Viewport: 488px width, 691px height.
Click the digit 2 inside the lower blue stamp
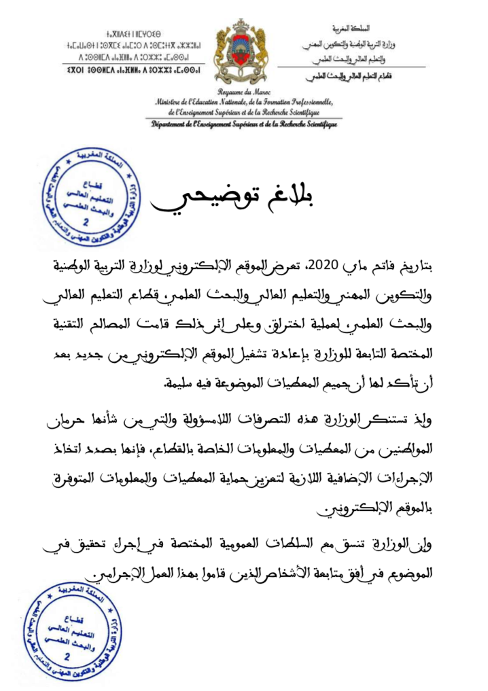(66, 657)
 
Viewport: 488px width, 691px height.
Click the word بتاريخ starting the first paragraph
(428, 264)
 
